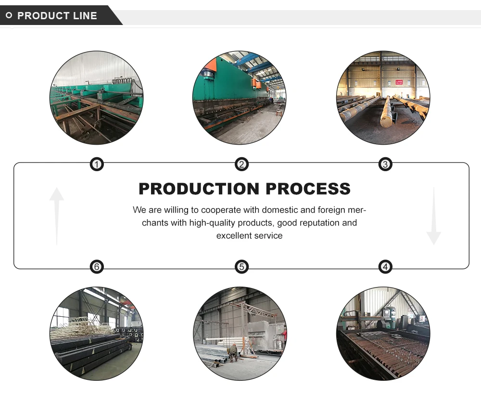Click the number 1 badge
click(97, 165)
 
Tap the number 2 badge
click(241, 165)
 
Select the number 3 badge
click(385, 165)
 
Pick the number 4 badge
click(385, 267)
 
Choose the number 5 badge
click(241, 267)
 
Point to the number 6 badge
click(97, 267)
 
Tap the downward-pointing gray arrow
click(433, 216)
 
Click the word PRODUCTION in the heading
click(199, 189)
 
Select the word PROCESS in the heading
click(308, 189)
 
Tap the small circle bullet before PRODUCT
click(9, 16)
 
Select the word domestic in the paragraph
click(260, 210)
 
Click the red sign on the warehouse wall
click(399, 82)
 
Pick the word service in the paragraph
click(269, 236)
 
